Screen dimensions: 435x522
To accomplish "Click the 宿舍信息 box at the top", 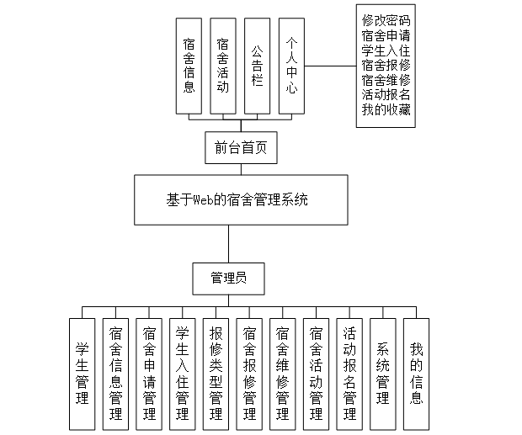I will pos(189,65).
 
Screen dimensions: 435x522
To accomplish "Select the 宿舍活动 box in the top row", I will pos(222,65).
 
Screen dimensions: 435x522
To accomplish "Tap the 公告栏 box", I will pos(257,65).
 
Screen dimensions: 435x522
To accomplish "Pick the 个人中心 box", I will pos(291,65).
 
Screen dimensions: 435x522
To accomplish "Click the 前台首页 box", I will pos(241,148).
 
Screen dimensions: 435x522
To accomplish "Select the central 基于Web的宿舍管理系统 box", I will pos(240,199).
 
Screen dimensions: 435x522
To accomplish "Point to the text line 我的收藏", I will pos(386,110).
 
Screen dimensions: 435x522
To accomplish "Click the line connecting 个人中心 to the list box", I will pos(330,65).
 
